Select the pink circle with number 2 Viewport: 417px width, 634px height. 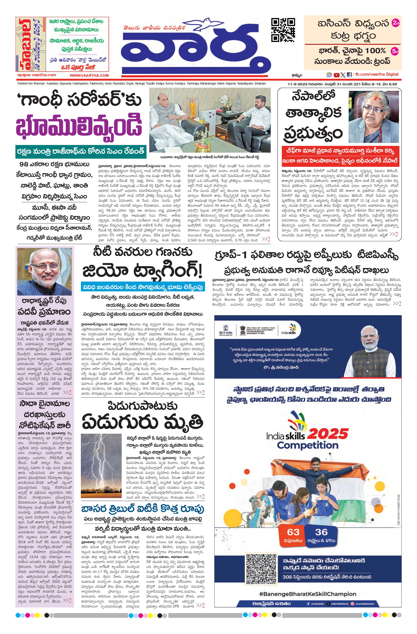point(395,23)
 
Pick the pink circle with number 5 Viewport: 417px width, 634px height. point(395,51)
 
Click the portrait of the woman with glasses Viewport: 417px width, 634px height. point(374,116)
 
